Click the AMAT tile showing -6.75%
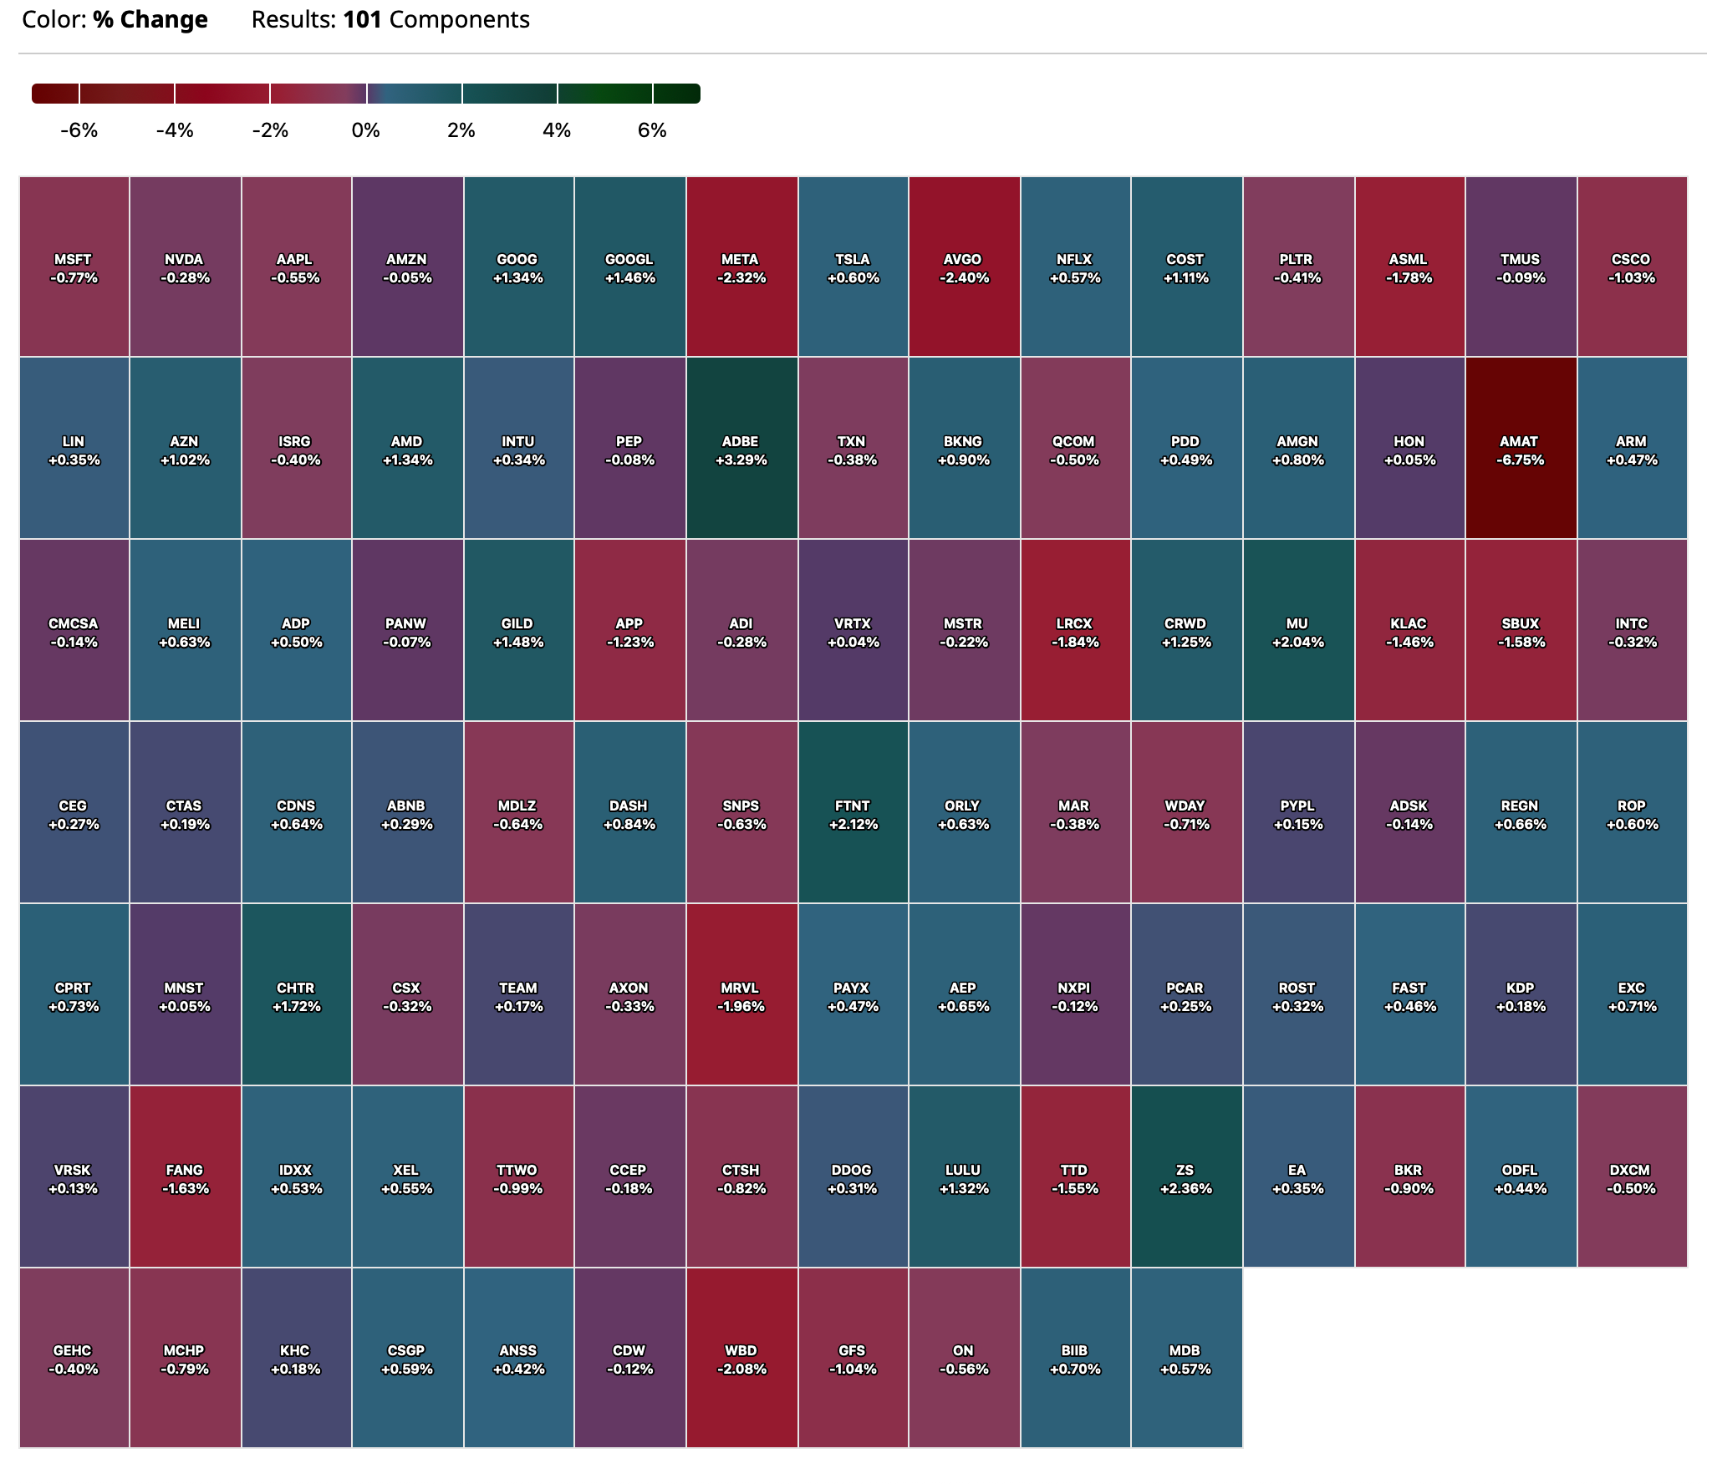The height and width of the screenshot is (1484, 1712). [x=1521, y=449]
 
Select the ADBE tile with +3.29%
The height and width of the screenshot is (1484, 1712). [x=741, y=449]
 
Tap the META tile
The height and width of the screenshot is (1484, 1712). [x=741, y=267]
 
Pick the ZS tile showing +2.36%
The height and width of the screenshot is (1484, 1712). [x=1186, y=1177]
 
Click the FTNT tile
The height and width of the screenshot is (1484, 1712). [x=853, y=813]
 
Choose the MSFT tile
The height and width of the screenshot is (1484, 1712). [x=74, y=267]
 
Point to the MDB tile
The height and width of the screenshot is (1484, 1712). [x=1186, y=1359]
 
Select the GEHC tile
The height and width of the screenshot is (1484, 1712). [x=74, y=1359]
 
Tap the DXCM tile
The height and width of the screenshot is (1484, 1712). [x=1632, y=1177]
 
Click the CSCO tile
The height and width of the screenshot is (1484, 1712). [x=1632, y=267]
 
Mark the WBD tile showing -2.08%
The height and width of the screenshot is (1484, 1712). [x=741, y=1359]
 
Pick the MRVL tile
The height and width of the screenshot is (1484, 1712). [x=741, y=995]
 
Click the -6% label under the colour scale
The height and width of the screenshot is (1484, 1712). [x=79, y=130]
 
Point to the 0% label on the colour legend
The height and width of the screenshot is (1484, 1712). [x=366, y=130]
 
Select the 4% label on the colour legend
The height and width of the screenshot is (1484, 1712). [x=557, y=130]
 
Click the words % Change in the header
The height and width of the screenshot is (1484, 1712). [x=150, y=20]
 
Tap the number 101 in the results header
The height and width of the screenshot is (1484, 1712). [x=363, y=20]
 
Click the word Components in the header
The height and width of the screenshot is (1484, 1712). [x=459, y=20]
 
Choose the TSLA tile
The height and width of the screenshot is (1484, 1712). [x=853, y=267]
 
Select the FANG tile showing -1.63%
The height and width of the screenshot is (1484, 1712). [x=185, y=1177]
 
